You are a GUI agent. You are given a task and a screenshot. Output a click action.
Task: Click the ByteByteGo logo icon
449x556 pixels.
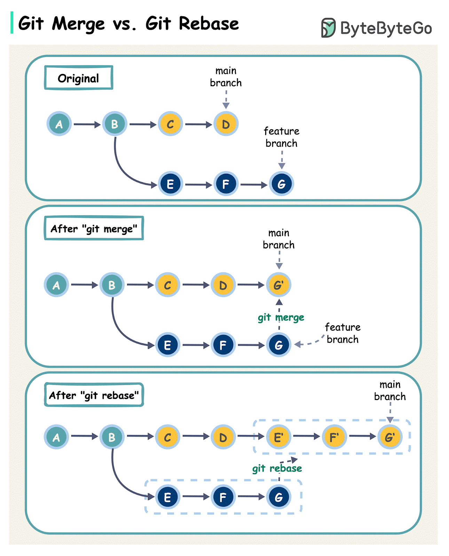pos(328,28)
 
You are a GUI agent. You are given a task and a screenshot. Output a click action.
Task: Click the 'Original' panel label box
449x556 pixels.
pos(79,78)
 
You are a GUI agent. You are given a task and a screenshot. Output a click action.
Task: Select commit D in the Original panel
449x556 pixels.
pos(226,124)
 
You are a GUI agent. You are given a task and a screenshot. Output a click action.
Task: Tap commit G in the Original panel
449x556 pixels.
pos(281,184)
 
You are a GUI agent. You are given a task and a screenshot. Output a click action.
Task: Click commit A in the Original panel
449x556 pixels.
pos(59,124)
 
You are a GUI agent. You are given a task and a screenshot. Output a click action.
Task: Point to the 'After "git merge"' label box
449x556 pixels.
pos(94,228)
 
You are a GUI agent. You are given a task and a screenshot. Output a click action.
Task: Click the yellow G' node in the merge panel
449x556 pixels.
pos(278,285)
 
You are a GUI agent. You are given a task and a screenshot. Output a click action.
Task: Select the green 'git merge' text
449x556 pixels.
pos(281,317)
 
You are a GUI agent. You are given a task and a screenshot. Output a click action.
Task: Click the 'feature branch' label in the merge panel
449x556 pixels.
pos(342,333)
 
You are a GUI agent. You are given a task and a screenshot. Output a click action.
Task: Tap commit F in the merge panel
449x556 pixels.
pos(223,345)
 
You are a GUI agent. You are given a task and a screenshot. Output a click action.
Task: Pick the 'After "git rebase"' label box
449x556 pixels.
pos(94,395)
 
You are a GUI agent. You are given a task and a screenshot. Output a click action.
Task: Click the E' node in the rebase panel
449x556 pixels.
pos(278,437)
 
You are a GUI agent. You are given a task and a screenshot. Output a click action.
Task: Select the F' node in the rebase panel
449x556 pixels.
pos(334,437)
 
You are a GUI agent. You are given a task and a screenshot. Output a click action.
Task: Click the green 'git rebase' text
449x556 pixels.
pos(277,468)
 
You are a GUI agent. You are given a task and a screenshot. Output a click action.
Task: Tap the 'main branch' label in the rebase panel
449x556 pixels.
pos(390,391)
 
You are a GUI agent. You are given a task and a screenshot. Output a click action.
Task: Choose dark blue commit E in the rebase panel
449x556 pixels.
pos(167,497)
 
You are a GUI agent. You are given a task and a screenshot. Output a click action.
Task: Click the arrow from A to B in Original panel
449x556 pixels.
pos(87,124)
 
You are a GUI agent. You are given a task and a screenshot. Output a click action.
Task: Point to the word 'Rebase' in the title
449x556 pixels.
pos(209,24)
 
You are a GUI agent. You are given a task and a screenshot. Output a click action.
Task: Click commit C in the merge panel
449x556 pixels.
pos(167,285)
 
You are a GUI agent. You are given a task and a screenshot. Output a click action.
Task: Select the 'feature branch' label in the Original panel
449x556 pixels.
pos(281,137)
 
